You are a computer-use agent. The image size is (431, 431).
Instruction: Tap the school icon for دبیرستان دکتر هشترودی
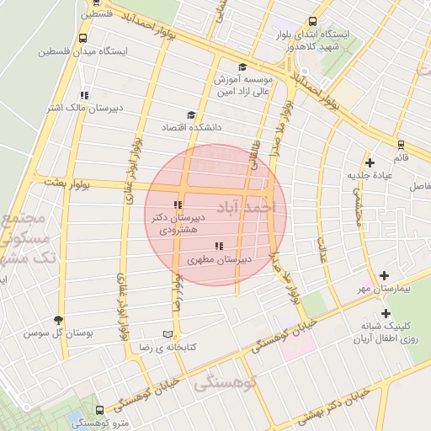point(177,205)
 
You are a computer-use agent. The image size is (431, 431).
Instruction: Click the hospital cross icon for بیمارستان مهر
point(385,275)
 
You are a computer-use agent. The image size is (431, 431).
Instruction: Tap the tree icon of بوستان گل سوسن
point(57,320)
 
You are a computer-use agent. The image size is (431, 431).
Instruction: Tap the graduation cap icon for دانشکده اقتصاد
point(191,114)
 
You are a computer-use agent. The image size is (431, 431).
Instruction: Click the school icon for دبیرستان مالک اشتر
point(83,95)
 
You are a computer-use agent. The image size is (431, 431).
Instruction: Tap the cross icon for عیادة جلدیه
point(369,162)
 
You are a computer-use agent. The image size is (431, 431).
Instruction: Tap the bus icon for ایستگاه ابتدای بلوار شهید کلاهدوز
point(312,23)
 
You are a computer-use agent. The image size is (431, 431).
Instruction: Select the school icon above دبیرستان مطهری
point(220,247)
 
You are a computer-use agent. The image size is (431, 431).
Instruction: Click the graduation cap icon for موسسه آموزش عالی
point(242,67)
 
